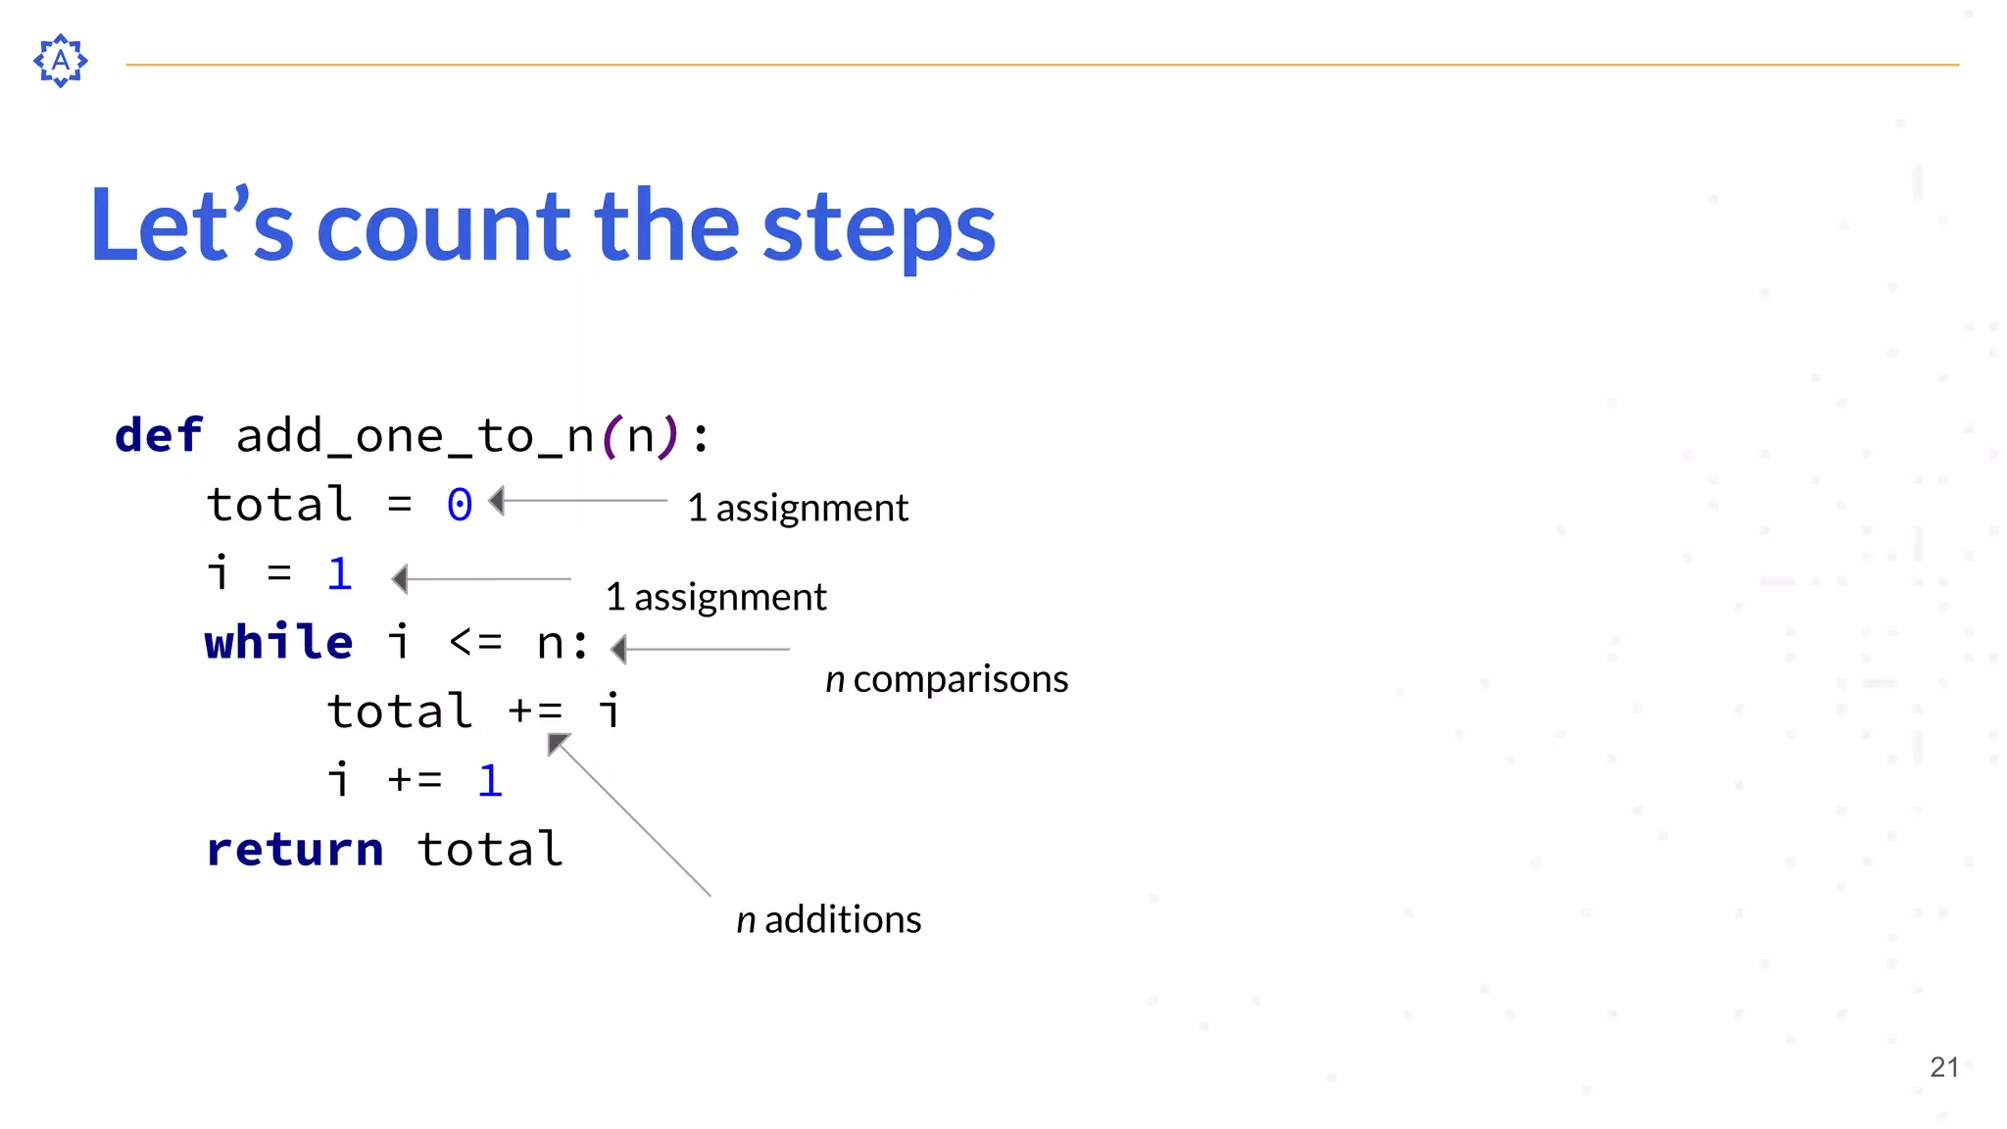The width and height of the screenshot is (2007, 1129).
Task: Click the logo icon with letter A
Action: coord(61,61)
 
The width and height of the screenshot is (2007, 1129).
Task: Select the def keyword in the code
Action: coord(159,435)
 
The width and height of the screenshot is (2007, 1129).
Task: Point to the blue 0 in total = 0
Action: coord(460,506)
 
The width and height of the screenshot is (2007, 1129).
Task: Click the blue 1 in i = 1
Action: coord(339,574)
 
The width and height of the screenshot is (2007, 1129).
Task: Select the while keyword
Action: coord(278,643)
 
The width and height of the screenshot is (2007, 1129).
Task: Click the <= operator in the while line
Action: coord(475,643)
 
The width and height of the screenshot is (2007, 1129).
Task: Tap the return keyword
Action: coord(294,850)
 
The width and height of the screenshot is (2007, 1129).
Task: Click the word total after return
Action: coord(490,850)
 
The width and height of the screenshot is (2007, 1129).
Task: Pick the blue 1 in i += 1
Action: coord(490,781)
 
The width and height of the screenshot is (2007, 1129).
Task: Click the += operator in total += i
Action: coord(535,712)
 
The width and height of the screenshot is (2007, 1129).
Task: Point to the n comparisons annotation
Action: coord(947,679)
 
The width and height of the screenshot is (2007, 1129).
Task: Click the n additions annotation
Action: coord(829,919)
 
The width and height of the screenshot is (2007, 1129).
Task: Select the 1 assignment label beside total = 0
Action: coord(798,508)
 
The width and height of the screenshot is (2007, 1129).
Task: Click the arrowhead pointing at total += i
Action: coord(557,744)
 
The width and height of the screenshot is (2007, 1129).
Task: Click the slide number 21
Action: coord(1943,1067)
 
